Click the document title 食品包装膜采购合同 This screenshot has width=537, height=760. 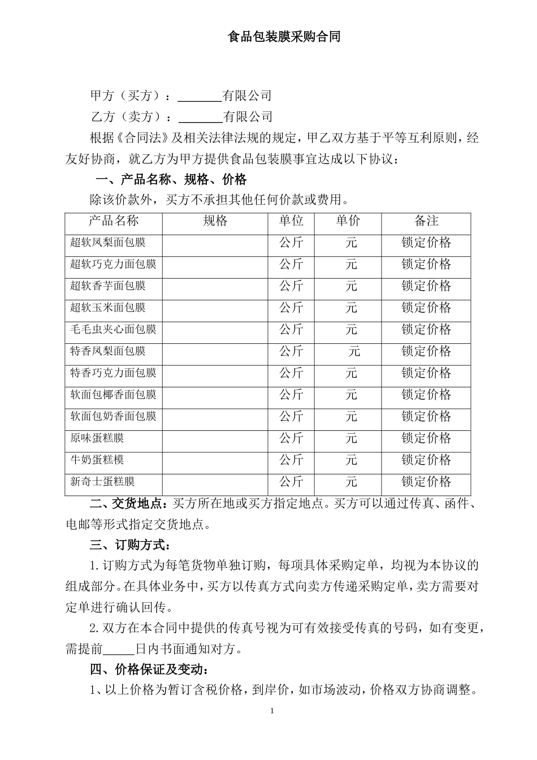pos(284,37)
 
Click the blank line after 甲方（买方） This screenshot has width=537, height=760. pos(200,96)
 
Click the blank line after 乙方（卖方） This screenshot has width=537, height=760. pos(200,117)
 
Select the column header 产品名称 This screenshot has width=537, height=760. pos(114,221)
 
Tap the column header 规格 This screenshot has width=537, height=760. pos(215,221)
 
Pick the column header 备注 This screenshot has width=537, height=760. pos(426,221)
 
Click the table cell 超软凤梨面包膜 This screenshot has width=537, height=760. pos(108,243)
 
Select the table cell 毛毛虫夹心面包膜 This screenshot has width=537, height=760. pos(113,329)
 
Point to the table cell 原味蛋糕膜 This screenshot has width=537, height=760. pos(97,438)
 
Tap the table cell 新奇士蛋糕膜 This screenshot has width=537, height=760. pos(102,482)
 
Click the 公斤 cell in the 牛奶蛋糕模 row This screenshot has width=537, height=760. pos(292,460)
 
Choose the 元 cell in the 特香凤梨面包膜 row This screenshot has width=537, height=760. pos(354,351)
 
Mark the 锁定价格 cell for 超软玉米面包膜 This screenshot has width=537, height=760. pos(426,308)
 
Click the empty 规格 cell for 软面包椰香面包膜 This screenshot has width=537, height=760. pos(215,395)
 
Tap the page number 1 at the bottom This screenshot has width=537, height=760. pos(272,711)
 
